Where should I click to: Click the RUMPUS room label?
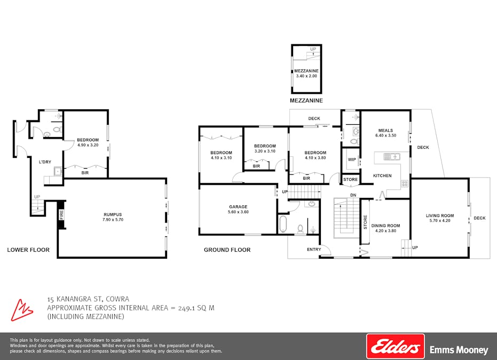point(113,214)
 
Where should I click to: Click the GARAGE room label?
point(238,207)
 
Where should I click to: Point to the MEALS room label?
point(385,130)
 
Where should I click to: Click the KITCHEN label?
point(382,175)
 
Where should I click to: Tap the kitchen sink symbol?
point(393,157)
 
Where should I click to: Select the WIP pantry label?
point(351,159)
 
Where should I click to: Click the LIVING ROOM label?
point(439,215)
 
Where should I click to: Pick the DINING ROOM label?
point(385,226)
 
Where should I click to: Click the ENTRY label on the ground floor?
point(314,250)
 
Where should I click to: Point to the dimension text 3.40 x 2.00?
point(306,76)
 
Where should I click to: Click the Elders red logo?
point(395,346)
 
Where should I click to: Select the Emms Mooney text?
point(459,350)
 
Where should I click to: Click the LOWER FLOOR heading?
point(28,250)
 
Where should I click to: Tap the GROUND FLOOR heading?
point(227,250)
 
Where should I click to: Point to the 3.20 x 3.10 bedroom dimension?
point(265,151)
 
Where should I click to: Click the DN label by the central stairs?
point(353,195)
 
